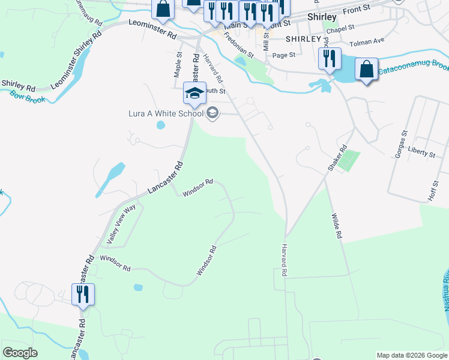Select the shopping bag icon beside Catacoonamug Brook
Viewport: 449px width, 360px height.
coord(366,70)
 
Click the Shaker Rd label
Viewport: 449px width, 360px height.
coord(338,157)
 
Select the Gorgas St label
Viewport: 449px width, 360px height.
coord(400,145)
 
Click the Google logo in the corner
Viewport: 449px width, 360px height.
coord(20,353)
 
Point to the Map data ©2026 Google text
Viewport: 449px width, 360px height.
coord(411,355)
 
